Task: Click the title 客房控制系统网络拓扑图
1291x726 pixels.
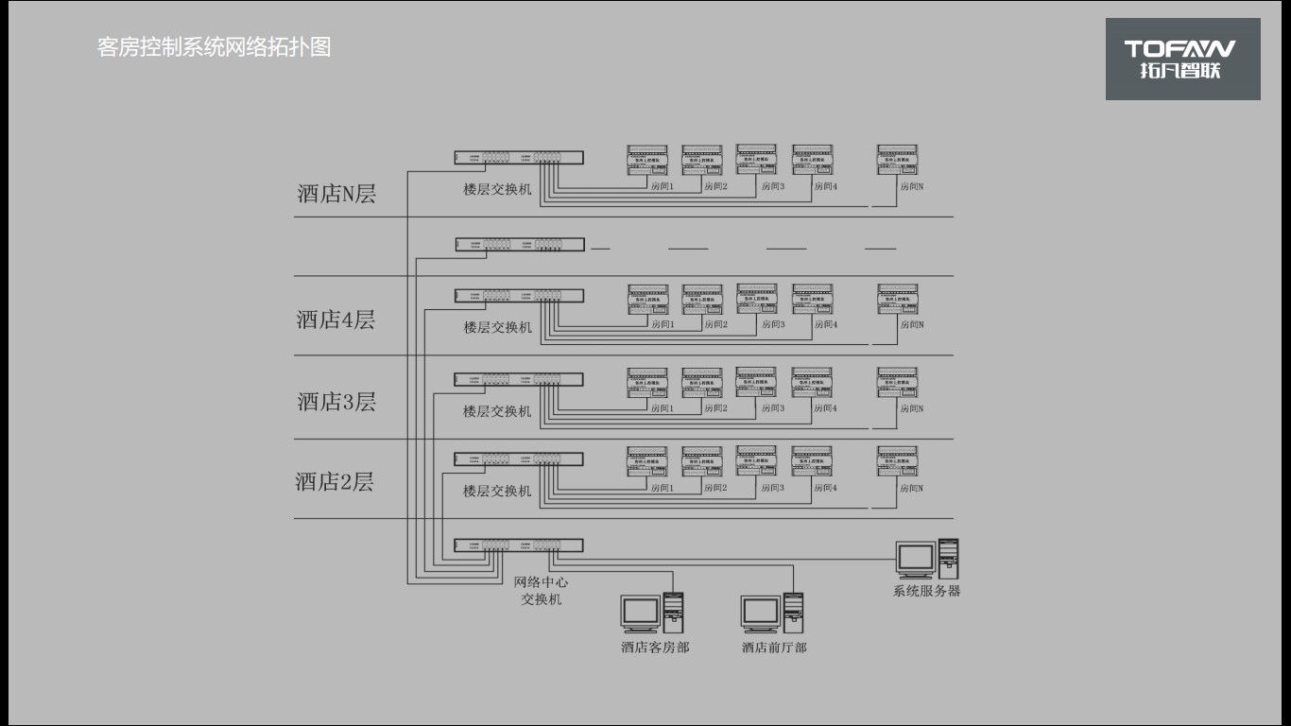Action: coord(215,47)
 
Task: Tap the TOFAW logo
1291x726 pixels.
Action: coord(1182,59)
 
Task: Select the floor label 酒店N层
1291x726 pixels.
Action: coord(336,195)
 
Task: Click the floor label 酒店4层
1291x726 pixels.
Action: coord(336,320)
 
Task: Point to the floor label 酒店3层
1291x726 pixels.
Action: coord(336,402)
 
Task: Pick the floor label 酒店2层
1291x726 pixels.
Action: coord(335,482)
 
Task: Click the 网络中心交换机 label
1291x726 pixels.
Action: coord(542,591)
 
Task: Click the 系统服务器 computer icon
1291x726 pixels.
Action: coord(927,559)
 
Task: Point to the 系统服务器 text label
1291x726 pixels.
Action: coord(926,592)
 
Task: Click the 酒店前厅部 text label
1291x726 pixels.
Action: coord(774,648)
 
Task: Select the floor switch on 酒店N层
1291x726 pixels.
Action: coord(518,158)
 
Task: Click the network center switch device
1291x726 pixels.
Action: coord(518,545)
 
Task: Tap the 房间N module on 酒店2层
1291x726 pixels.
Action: coord(897,462)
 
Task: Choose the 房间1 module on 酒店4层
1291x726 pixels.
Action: coord(647,300)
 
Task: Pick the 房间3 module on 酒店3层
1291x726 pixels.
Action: coord(756,382)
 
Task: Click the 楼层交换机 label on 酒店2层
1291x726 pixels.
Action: coord(497,492)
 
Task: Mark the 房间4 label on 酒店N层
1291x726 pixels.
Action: coord(826,186)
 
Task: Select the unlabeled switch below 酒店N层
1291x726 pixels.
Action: coord(518,244)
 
